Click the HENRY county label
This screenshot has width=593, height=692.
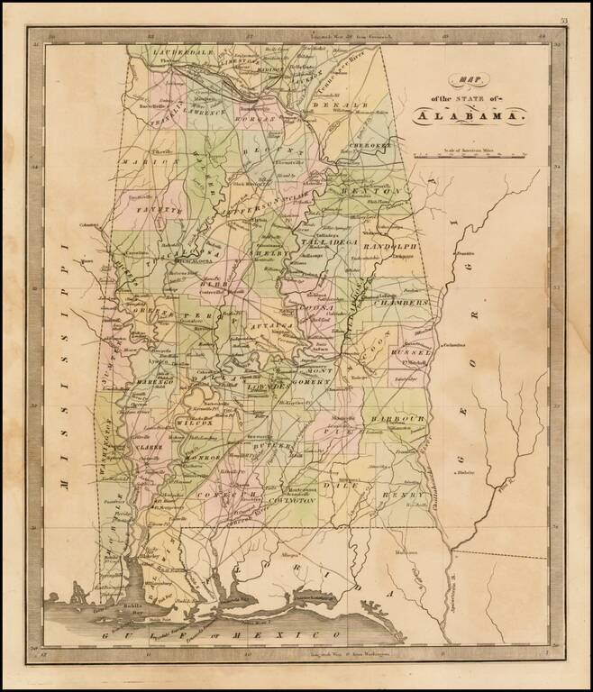tap(402, 496)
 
